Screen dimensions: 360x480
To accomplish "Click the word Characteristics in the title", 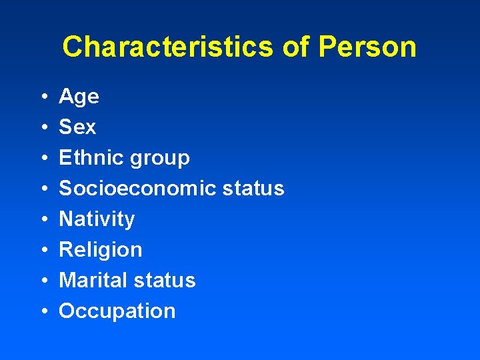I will pos(167,47).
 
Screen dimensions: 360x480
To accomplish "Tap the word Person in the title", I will pos(367,47).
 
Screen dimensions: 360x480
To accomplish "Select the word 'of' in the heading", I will pos(296,47).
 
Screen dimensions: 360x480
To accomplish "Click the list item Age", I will pos(79,97).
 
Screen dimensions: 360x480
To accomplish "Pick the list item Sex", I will pos(77,127).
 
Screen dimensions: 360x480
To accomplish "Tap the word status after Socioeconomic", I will pos(254,188).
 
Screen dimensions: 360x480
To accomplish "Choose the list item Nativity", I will pos(97,219).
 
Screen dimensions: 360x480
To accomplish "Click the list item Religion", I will pos(101,250).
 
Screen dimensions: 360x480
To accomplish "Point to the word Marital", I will pos(91,280).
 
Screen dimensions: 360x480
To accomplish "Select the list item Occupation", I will pos(117,311).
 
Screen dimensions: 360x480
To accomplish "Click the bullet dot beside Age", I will pos(43,97).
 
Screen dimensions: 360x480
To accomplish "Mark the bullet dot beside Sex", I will pos(43,127).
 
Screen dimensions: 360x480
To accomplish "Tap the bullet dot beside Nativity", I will pos(43,219).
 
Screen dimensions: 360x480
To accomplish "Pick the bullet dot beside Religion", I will pos(43,250).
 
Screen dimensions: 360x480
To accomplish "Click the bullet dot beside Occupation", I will pos(43,311).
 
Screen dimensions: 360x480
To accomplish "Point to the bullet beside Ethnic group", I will pos(43,158).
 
